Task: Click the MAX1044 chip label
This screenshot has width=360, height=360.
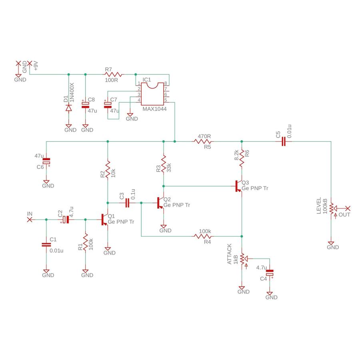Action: [x=154, y=109]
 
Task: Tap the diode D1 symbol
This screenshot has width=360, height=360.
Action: [x=68, y=108]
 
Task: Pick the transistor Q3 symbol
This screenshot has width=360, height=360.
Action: [x=239, y=186]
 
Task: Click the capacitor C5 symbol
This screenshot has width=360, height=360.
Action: [x=283, y=141]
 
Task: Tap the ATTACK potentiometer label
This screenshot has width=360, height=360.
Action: [x=230, y=254]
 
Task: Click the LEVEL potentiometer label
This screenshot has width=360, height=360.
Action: [x=319, y=206]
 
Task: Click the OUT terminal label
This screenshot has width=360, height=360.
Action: [x=344, y=215]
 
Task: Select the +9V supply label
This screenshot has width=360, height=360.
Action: [x=36, y=66]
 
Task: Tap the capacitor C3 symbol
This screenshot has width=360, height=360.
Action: [x=128, y=203]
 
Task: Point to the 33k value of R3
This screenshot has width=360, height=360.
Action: [x=169, y=167]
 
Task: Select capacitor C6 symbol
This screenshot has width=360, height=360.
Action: [x=47, y=162]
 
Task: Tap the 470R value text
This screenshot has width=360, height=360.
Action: [x=204, y=136]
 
